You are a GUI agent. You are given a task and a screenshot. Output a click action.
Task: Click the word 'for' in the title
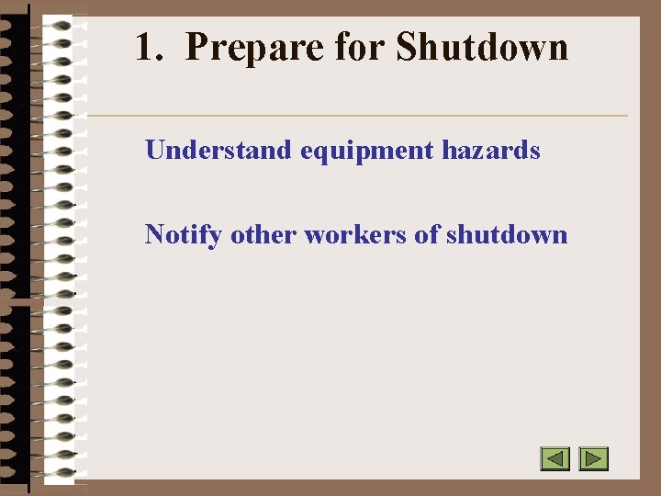tap(360, 48)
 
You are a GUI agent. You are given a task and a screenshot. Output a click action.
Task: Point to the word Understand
tap(218, 150)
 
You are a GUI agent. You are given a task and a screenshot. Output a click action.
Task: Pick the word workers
tap(354, 234)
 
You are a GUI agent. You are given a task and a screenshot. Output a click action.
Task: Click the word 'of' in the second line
tap(427, 234)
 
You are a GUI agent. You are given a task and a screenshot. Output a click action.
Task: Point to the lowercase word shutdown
tap(507, 234)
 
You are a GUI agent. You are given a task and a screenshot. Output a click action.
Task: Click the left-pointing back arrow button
tap(555, 458)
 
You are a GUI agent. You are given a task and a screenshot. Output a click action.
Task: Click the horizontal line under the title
tap(358, 116)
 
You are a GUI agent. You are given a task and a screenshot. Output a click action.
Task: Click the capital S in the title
tap(406, 48)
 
